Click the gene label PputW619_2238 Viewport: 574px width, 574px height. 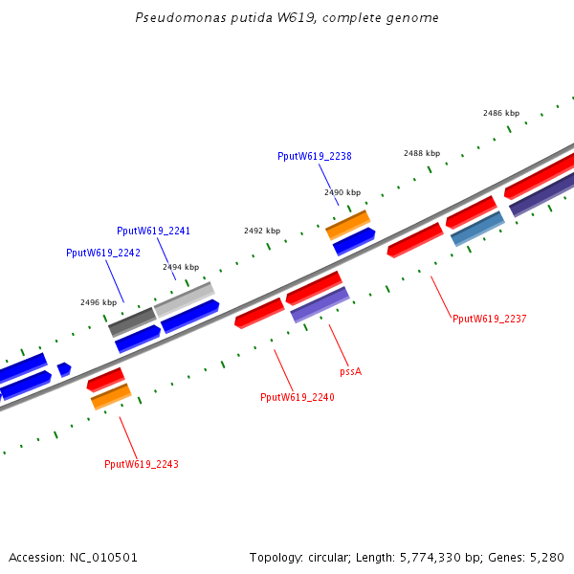click(x=315, y=156)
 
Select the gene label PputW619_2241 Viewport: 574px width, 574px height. click(x=153, y=231)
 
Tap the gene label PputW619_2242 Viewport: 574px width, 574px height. click(x=102, y=253)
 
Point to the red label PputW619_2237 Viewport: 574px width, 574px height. click(x=489, y=319)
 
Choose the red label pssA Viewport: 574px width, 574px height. click(x=350, y=370)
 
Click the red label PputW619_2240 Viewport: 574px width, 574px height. click(x=298, y=397)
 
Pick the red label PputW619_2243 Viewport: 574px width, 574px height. click(x=142, y=464)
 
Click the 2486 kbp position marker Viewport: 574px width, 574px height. click(x=500, y=113)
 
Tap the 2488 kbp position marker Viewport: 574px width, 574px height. click(x=421, y=153)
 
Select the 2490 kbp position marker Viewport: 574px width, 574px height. click(x=342, y=192)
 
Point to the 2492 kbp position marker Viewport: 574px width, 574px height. click(x=262, y=231)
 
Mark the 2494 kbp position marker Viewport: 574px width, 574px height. click(x=181, y=267)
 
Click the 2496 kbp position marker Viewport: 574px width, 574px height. click(x=99, y=302)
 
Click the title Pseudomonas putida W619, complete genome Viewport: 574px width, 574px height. click(x=287, y=18)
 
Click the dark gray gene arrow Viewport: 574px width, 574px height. click(x=132, y=321)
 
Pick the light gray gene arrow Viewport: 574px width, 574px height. click(x=185, y=299)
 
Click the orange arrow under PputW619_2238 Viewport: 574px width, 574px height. click(x=348, y=225)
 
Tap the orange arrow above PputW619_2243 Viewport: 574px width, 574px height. click(x=111, y=396)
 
